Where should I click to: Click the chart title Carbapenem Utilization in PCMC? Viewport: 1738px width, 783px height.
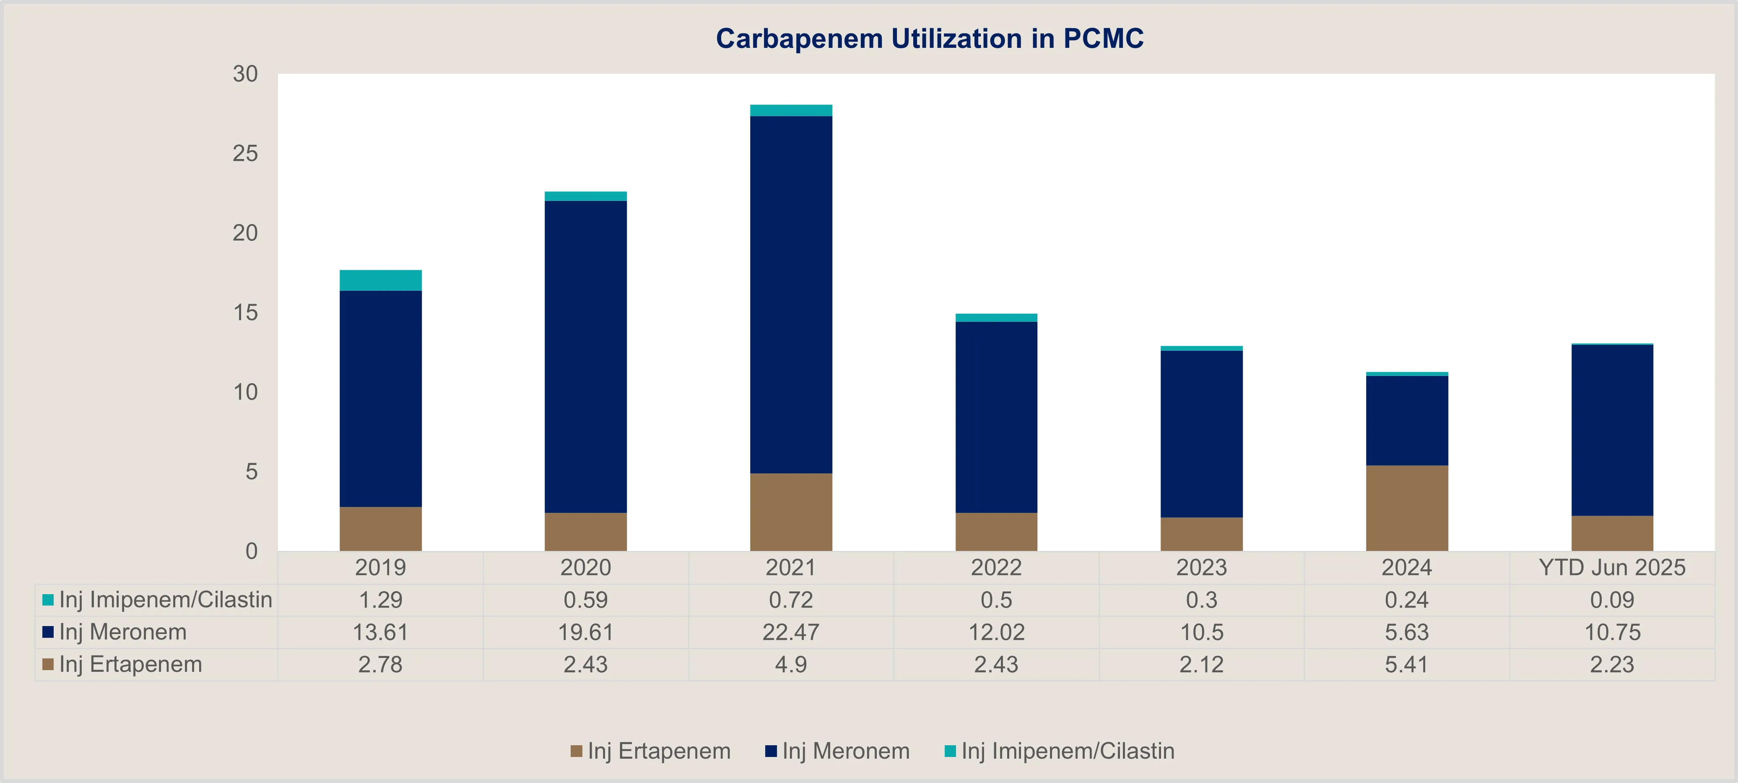click(x=929, y=39)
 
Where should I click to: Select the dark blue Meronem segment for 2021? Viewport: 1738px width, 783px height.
click(x=791, y=294)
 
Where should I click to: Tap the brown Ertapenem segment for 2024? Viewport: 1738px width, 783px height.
click(x=1407, y=508)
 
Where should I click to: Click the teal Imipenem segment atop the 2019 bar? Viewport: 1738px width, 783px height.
click(x=381, y=280)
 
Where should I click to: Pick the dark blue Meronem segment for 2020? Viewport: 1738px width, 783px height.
click(x=586, y=356)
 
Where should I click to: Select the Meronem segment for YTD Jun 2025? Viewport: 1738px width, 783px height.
click(x=1612, y=430)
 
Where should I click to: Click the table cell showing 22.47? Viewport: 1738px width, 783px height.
click(x=791, y=632)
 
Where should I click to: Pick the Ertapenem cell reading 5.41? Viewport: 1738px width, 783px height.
click(x=1407, y=665)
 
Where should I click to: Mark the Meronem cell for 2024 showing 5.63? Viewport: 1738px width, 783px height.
click(x=1407, y=632)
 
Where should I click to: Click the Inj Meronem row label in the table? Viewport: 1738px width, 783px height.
click(x=123, y=632)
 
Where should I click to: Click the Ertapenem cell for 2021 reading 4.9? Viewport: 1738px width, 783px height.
click(x=791, y=665)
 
